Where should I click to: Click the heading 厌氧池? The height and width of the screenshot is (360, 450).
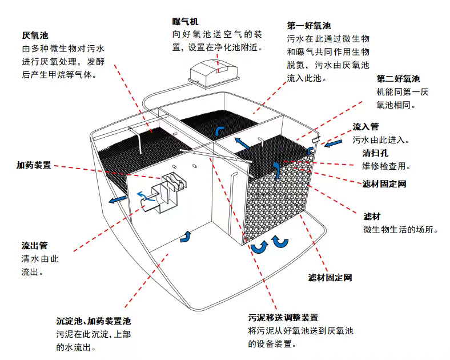click(x=35, y=35)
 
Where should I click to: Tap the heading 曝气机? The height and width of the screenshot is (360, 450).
click(x=185, y=22)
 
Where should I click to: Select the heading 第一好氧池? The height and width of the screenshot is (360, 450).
click(x=309, y=26)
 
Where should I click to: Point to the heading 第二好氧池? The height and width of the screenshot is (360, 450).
click(x=398, y=79)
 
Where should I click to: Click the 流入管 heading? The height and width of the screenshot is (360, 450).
click(x=365, y=127)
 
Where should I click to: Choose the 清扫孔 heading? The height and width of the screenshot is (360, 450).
click(x=375, y=153)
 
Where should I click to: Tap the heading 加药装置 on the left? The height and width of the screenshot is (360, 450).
click(x=34, y=165)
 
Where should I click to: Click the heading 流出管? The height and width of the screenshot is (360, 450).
click(x=34, y=246)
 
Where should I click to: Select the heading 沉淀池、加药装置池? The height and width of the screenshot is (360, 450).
click(x=94, y=321)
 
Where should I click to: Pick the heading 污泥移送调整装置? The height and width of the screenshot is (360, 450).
click(x=283, y=318)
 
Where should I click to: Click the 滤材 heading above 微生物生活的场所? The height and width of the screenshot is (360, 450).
click(x=372, y=217)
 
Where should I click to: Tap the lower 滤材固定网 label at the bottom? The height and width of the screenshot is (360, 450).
click(x=330, y=278)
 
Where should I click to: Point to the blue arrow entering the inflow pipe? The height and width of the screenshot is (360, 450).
click(x=333, y=143)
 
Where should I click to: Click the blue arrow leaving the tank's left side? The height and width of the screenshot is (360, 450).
click(x=118, y=199)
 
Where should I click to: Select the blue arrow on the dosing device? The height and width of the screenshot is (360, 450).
click(x=146, y=196)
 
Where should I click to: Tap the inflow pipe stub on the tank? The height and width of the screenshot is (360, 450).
click(x=316, y=139)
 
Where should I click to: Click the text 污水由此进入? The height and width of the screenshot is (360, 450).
click(x=381, y=140)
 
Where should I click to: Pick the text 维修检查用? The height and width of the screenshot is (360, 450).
click(x=386, y=166)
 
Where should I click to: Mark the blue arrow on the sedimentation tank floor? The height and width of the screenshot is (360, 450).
click(x=186, y=237)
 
